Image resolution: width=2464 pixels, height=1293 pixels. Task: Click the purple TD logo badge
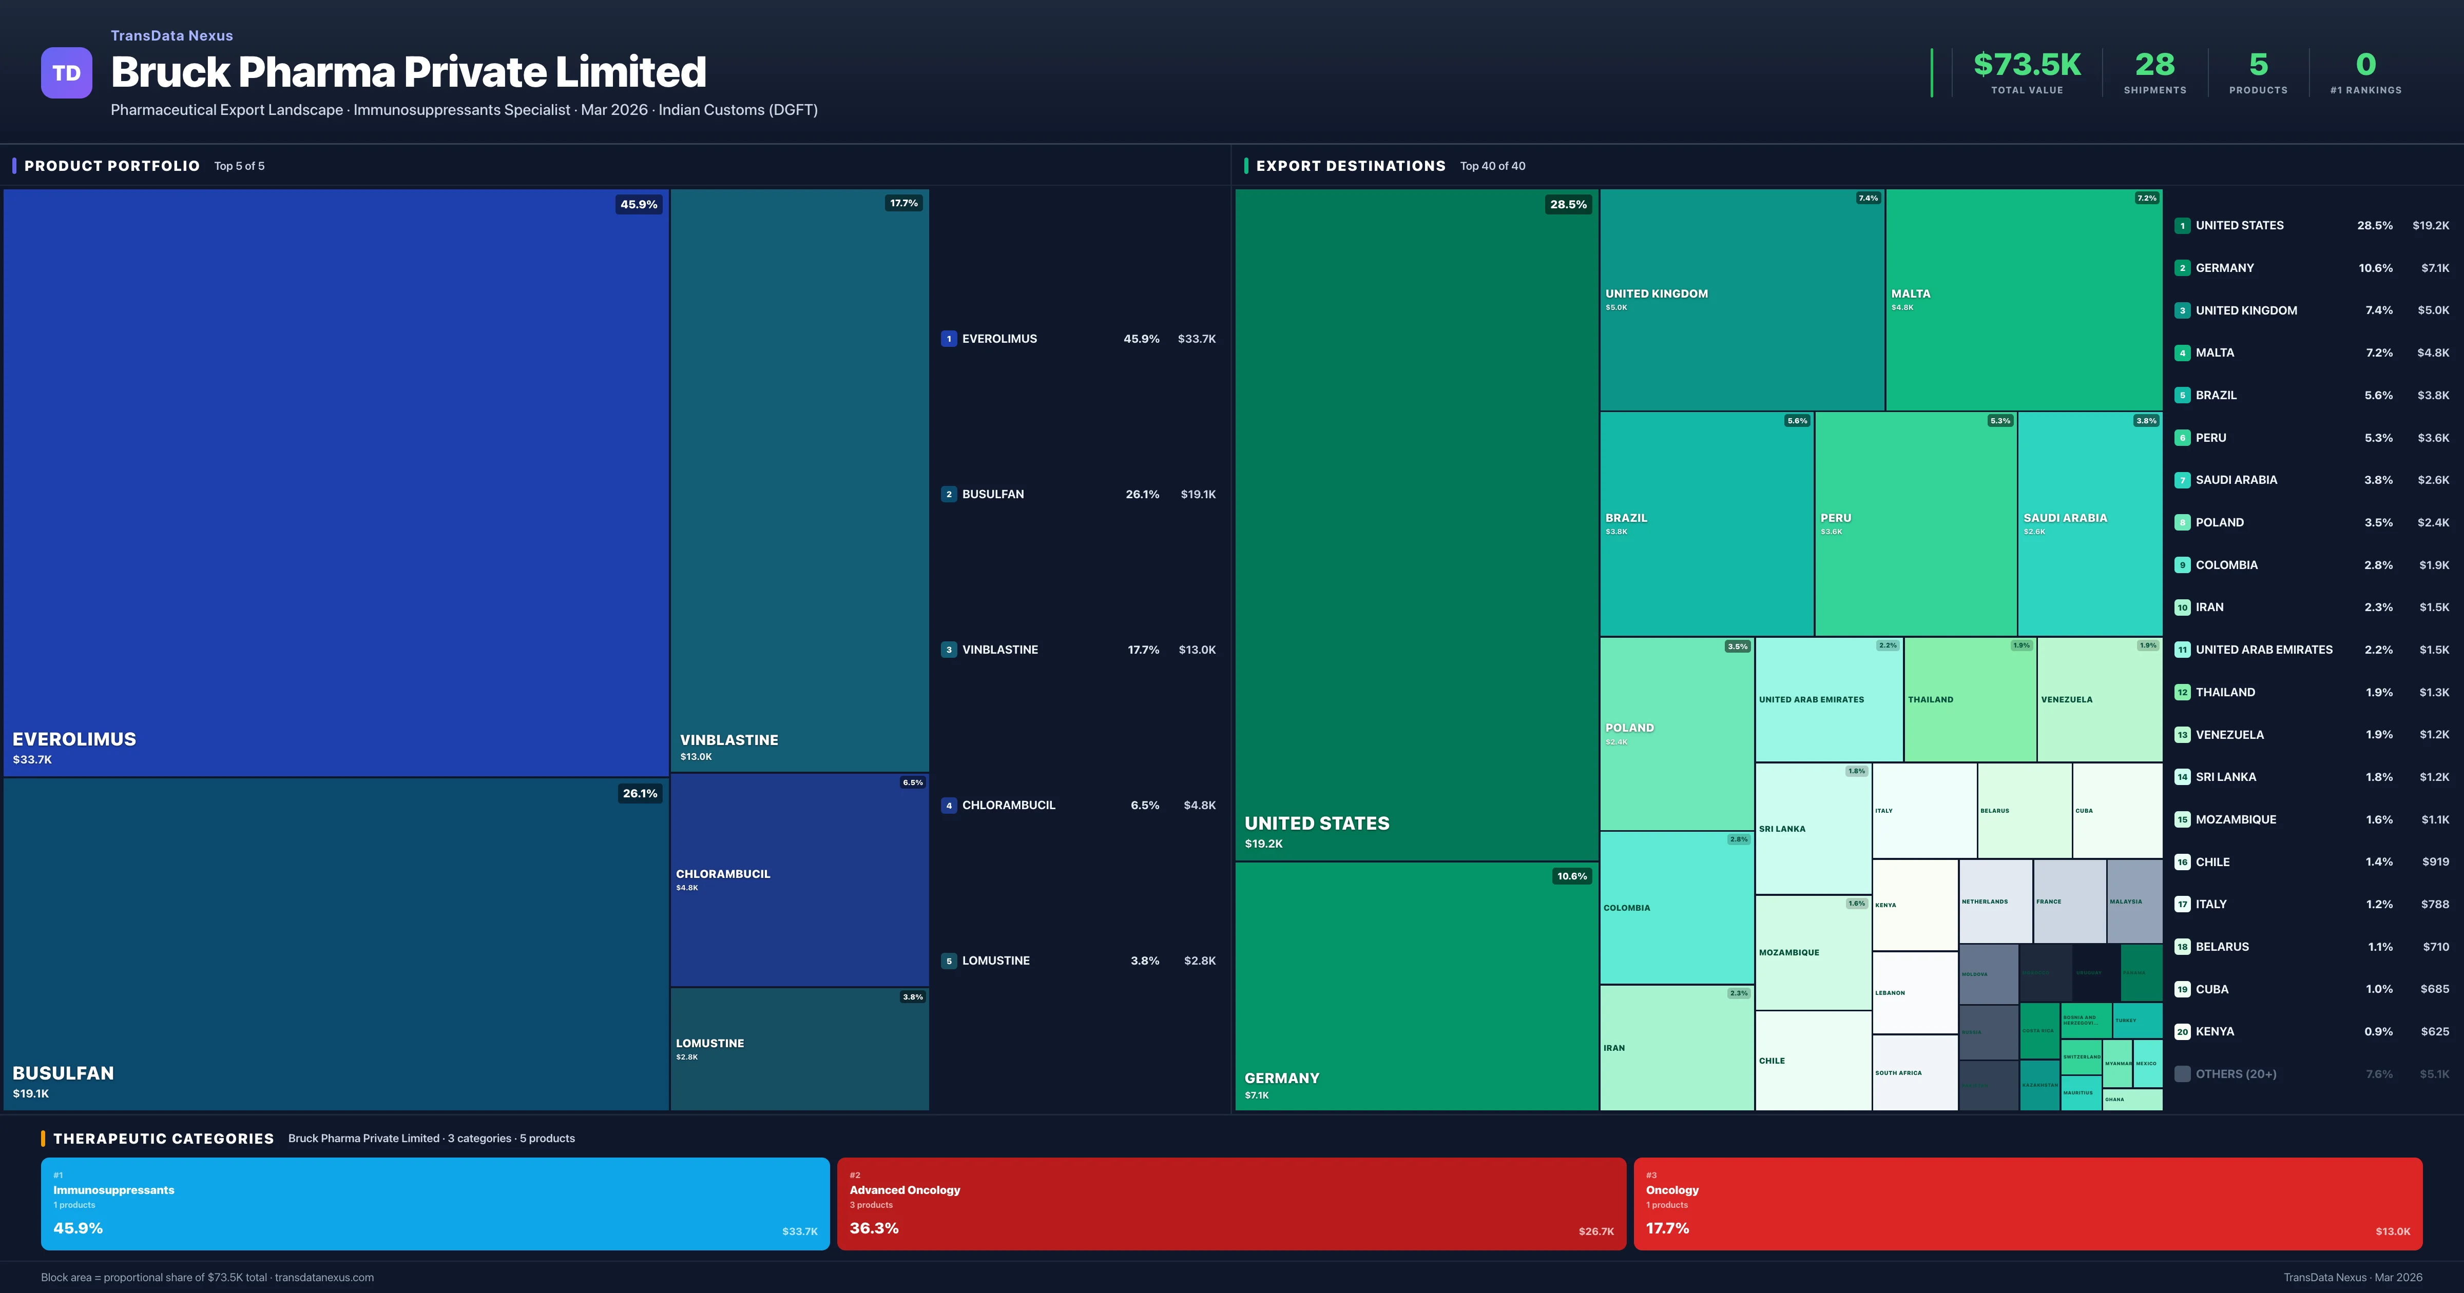[66, 73]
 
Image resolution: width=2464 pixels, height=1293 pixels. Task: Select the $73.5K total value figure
[2026, 64]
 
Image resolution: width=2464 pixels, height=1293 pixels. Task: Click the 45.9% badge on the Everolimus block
[638, 204]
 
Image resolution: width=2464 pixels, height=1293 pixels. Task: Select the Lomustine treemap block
[799, 1049]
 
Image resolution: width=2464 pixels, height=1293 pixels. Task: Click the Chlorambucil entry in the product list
[1008, 805]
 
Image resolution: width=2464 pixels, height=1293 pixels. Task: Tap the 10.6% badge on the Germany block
[1571, 876]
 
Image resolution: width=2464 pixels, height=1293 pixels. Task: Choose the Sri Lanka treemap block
[1813, 828]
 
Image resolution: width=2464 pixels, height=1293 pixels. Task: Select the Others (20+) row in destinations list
[2236, 1074]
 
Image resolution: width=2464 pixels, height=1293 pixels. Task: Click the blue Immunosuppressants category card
[434, 1203]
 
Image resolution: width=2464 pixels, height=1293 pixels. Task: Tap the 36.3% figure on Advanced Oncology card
[873, 1228]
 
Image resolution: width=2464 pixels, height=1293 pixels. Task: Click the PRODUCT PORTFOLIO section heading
[112, 165]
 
